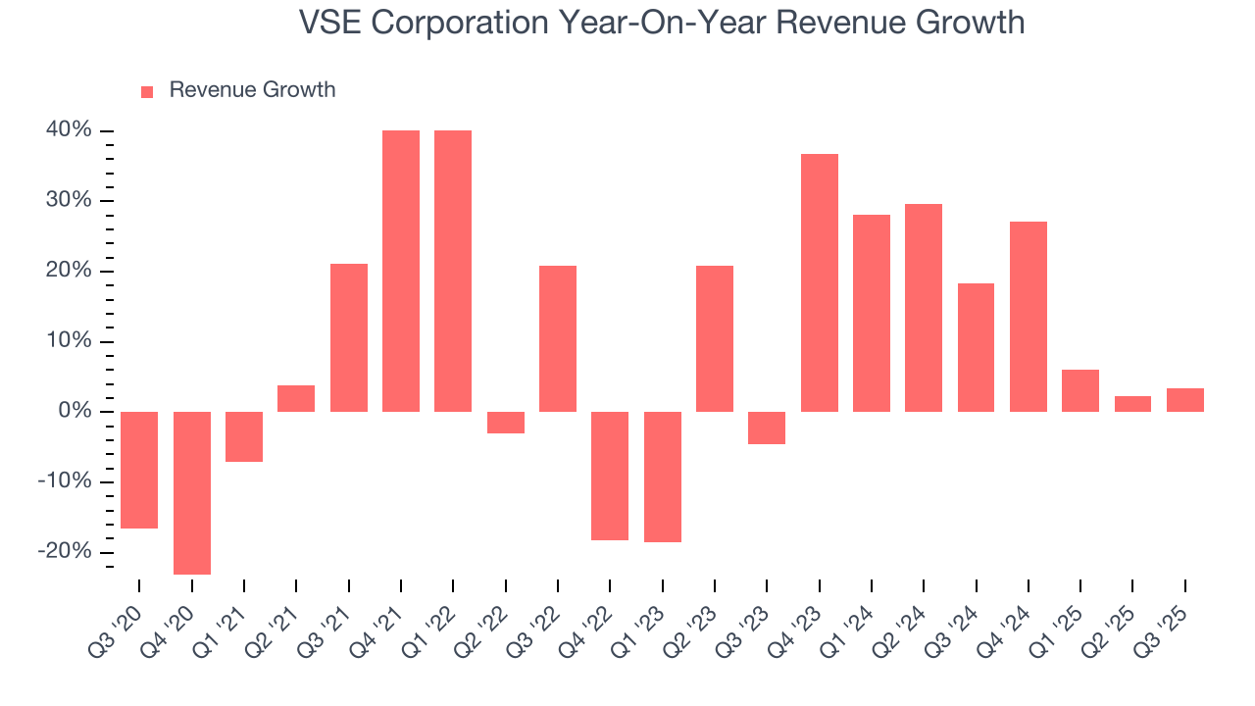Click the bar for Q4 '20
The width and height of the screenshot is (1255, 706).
tap(192, 492)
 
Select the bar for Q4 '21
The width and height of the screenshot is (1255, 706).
tap(401, 271)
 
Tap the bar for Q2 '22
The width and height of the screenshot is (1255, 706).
tap(506, 422)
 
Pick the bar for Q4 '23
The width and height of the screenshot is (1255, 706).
tap(820, 282)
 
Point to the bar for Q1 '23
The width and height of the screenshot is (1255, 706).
tap(663, 477)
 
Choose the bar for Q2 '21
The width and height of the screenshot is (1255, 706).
tap(296, 398)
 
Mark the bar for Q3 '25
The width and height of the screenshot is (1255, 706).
tap(1185, 400)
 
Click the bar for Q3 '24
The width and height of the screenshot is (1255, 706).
tap(977, 347)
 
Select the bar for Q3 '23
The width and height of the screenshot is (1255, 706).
tap(767, 428)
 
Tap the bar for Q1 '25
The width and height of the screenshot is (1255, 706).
tap(1080, 390)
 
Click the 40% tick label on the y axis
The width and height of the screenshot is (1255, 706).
tap(68, 130)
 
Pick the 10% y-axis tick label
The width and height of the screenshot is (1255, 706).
tap(68, 341)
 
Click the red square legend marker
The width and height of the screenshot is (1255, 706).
tap(147, 91)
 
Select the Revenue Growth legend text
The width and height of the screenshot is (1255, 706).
tap(252, 90)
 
